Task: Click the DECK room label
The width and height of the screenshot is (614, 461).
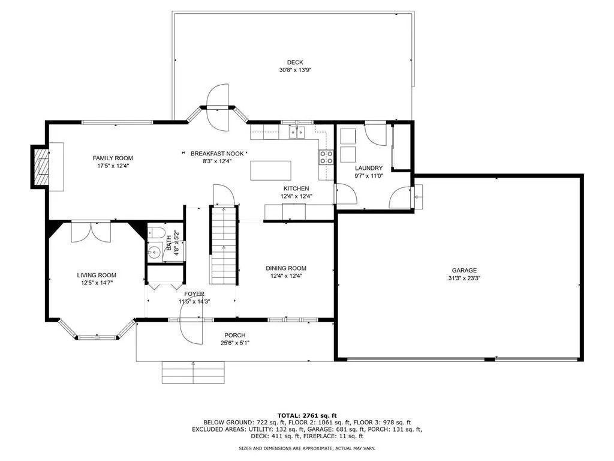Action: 295,62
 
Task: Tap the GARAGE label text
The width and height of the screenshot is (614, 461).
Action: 465,270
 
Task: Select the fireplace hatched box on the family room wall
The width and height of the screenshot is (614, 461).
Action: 41,167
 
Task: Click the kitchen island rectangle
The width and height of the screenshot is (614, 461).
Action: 270,170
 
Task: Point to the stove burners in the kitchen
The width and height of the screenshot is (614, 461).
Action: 327,157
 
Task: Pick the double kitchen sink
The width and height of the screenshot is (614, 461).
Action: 297,133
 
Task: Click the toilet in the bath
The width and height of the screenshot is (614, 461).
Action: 156,232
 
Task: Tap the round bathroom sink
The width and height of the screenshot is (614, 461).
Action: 155,252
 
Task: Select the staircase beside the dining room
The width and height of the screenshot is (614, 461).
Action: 224,245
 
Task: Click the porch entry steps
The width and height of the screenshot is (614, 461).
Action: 194,372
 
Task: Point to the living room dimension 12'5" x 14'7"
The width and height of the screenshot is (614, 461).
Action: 97,282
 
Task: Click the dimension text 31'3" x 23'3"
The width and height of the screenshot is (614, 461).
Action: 465,278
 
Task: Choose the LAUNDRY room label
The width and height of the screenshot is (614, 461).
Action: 369,168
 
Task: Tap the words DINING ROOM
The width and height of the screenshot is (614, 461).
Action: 286,268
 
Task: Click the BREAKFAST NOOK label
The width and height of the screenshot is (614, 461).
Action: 217,154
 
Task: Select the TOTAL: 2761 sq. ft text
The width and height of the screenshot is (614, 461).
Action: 307,415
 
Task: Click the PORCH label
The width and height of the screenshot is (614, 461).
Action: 235,335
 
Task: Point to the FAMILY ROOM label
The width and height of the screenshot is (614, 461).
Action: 113,158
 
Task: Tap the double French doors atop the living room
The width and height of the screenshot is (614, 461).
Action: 91,232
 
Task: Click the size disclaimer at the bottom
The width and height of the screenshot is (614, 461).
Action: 307,448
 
